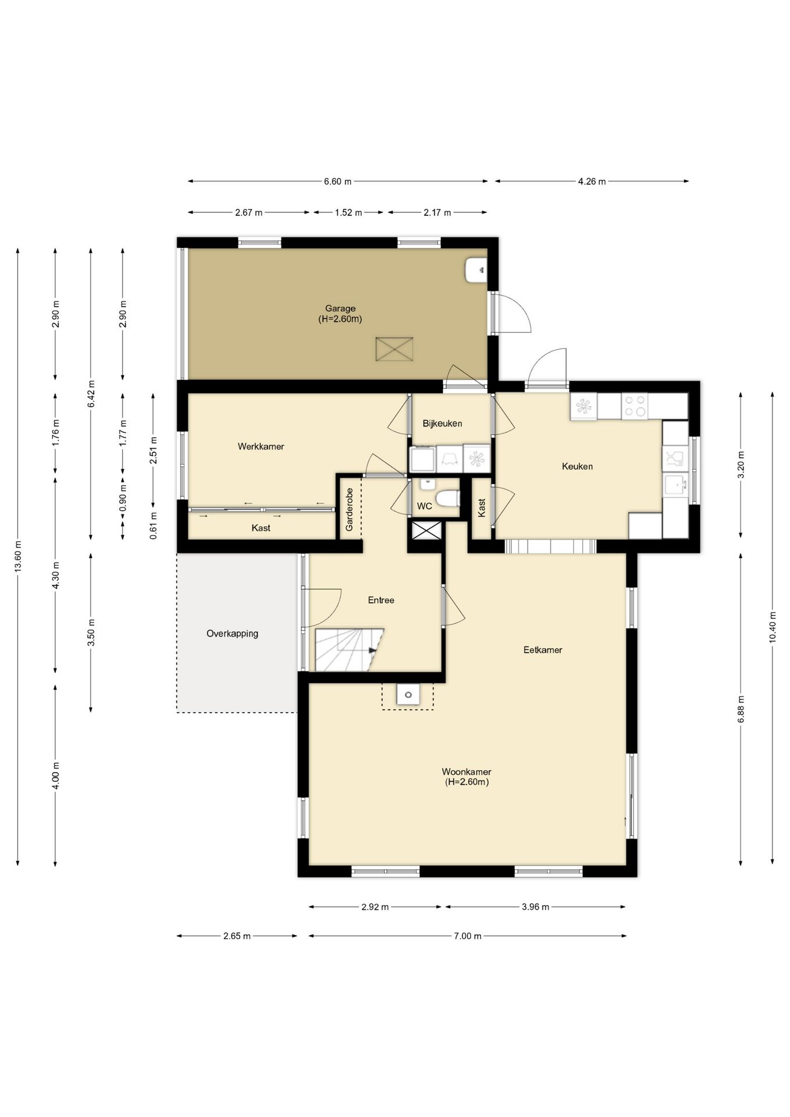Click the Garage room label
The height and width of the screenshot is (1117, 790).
[x=340, y=308]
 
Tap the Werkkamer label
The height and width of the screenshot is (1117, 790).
[x=261, y=447]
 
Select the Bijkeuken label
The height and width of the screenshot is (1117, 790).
[x=442, y=424]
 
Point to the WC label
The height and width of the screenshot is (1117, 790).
[x=425, y=506]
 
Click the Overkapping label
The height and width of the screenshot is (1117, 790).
[x=232, y=634]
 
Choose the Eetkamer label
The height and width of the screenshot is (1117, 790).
[x=543, y=650]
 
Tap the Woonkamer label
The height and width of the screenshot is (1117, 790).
[x=467, y=772]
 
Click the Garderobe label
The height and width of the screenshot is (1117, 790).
[x=350, y=510]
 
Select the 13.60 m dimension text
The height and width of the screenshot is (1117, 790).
[x=18, y=557]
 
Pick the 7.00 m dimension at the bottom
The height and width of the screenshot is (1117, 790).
[x=468, y=936]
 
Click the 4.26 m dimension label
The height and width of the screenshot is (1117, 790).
[x=592, y=182]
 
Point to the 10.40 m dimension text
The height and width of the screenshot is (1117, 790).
[x=773, y=627]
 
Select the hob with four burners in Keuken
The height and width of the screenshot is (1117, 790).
[x=634, y=406]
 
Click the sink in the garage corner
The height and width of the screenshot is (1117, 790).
[x=476, y=270]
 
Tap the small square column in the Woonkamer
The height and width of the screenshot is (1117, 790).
[x=408, y=695]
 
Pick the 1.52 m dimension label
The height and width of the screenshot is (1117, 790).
[x=348, y=213]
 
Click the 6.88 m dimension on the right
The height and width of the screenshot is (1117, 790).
[x=741, y=709]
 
